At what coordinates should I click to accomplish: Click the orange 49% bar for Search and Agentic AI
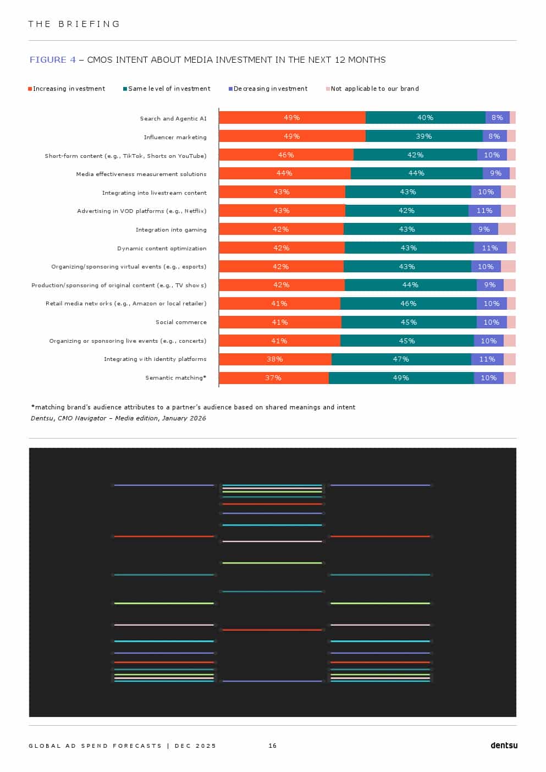point(292,118)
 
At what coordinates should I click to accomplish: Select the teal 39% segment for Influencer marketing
point(424,136)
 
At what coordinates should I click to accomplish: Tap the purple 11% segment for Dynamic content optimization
point(490,248)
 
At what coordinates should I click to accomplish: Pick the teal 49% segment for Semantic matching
point(401,378)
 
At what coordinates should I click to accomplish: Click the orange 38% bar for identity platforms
point(275,359)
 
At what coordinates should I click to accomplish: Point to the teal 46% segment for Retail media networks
point(409,304)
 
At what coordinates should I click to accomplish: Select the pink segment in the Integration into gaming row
point(506,229)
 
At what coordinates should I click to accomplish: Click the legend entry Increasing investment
point(67,89)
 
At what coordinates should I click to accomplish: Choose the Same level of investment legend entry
point(167,89)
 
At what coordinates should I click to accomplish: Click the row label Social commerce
point(181,322)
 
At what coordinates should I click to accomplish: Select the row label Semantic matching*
point(176,378)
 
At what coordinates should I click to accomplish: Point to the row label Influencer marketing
point(175,138)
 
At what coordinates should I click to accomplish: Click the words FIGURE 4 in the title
point(53,60)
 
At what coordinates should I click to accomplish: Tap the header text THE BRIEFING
point(74,24)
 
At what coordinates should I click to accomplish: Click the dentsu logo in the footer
point(504,746)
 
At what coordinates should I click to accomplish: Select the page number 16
point(273,746)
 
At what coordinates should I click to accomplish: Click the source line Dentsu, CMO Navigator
point(118,418)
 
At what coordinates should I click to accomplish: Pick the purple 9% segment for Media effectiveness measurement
point(496,173)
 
